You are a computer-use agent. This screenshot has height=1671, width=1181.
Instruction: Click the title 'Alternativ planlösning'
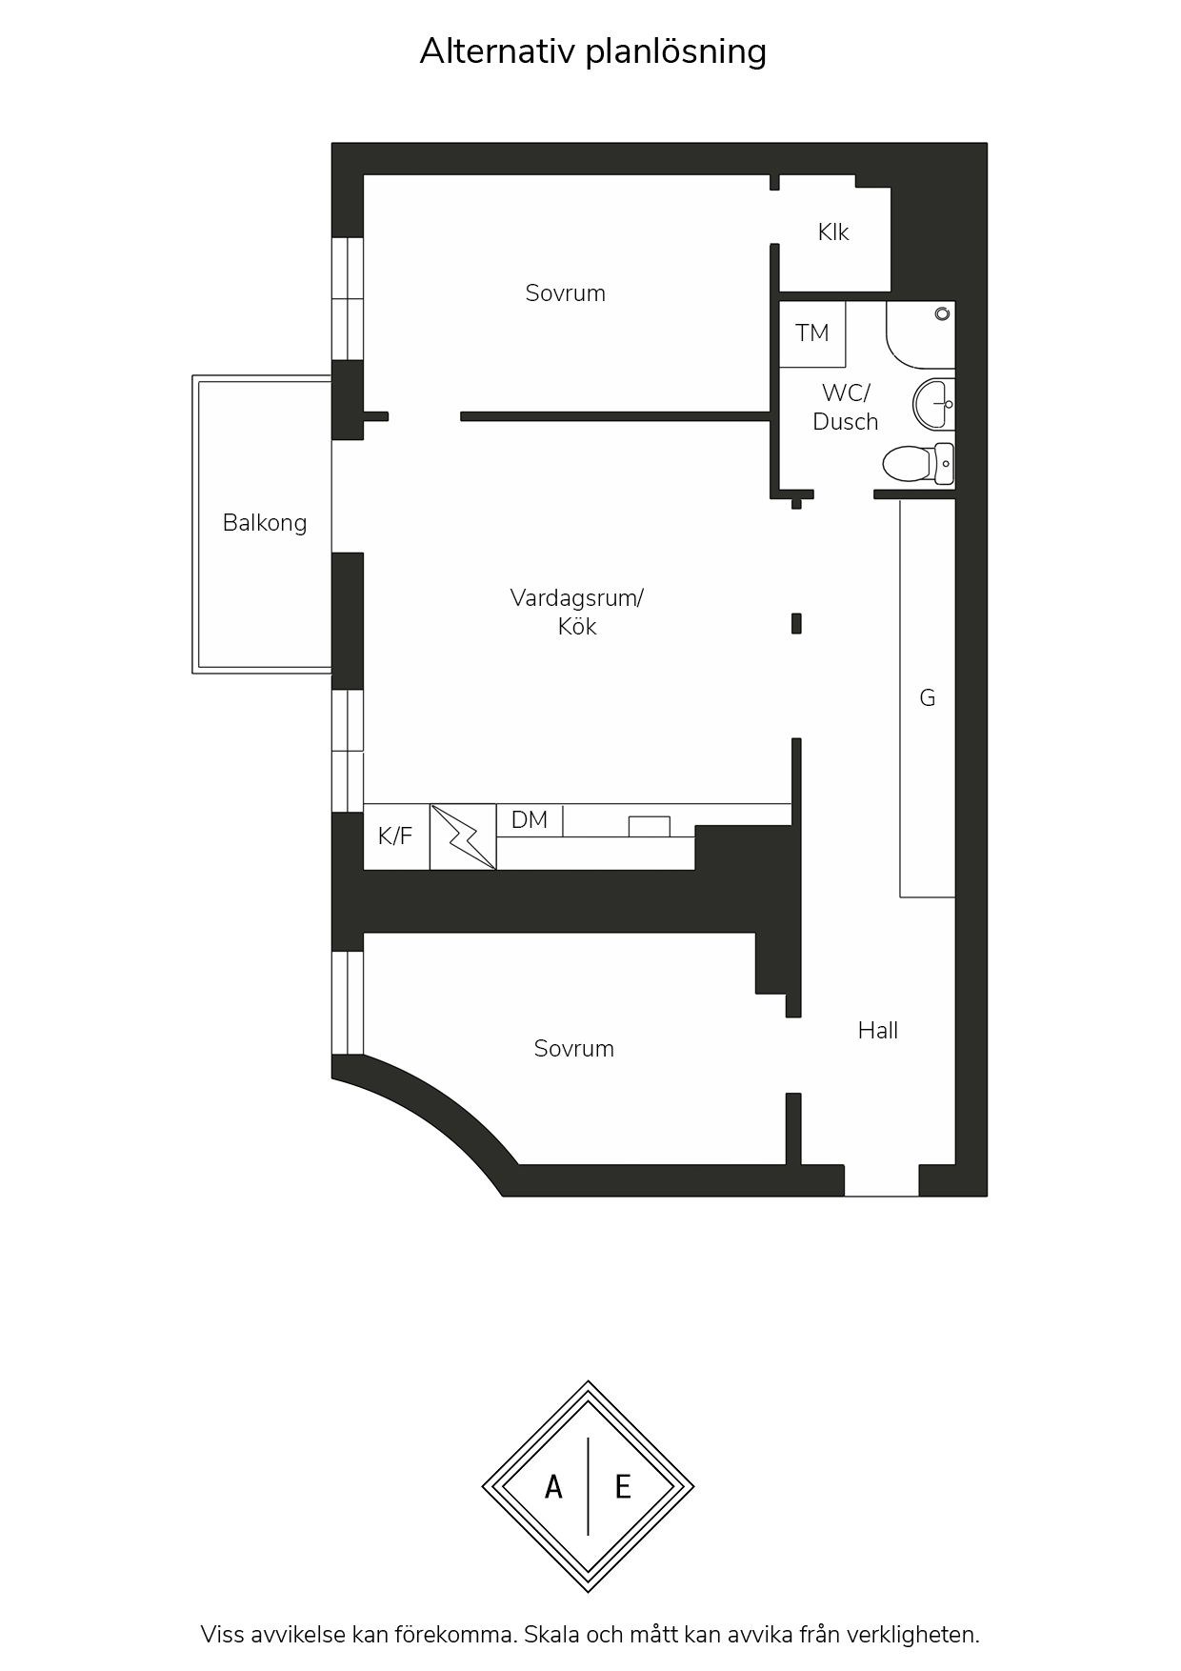click(x=592, y=51)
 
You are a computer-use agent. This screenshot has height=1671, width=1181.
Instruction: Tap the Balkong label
click(x=265, y=523)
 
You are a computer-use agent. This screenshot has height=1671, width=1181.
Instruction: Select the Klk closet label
click(x=833, y=232)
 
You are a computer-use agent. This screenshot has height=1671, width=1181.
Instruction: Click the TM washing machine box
click(x=812, y=333)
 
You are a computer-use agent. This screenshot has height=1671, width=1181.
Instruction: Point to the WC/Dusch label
click(x=846, y=407)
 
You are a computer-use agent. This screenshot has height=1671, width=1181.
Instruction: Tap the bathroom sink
click(x=934, y=403)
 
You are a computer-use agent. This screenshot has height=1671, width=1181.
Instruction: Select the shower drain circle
click(x=942, y=313)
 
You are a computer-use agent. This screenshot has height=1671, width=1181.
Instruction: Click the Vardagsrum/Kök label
click(x=577, y=612)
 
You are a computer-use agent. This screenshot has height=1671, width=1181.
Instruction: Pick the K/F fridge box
click(x=396, y=836)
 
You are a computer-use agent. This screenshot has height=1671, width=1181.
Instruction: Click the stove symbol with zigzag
click(x=463, y=836)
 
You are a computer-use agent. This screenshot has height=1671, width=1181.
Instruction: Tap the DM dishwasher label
click(x=530, y=819)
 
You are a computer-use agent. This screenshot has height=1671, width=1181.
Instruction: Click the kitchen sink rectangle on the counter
click(x=649, y=826)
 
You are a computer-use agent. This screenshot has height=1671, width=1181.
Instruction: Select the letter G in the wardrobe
click(x=928, y=698)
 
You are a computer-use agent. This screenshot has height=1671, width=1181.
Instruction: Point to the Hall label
click(x=878, y=1030)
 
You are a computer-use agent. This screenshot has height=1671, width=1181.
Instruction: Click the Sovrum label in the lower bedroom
click(x=574, y=1049)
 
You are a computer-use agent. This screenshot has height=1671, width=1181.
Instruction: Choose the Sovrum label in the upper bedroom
click(x=566, y=293)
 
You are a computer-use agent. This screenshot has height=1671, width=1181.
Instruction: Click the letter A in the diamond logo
click(x=553, y=1486)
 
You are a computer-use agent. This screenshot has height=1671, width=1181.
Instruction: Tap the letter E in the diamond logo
click(x=623, y=1486)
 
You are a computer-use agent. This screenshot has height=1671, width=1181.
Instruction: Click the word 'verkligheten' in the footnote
click(x=913, y=1635)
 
